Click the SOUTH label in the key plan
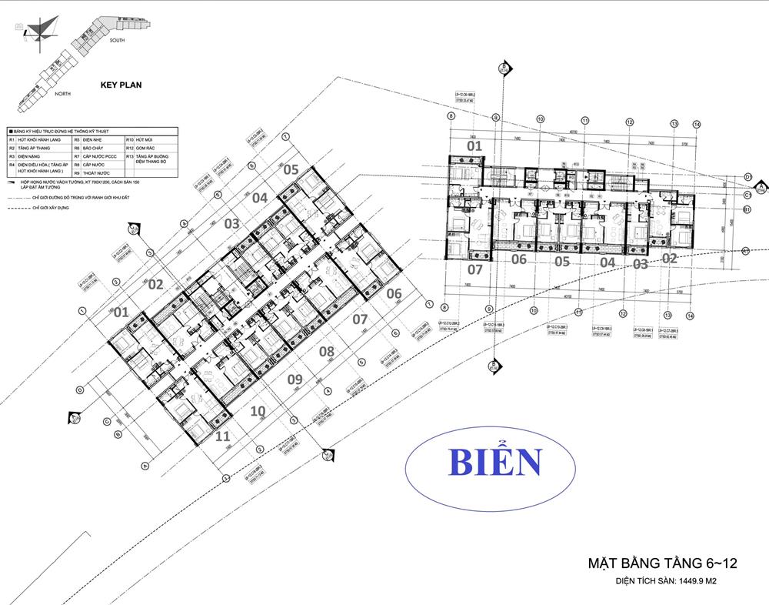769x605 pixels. coord(117,38)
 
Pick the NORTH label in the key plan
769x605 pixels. coord(63,92)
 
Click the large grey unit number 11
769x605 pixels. coord(223,436)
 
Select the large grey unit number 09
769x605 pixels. coord(295,379)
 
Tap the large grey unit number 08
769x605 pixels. coord(327,352)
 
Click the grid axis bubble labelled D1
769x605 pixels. coord(747,178)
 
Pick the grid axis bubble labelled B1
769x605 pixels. coord(747,209)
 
